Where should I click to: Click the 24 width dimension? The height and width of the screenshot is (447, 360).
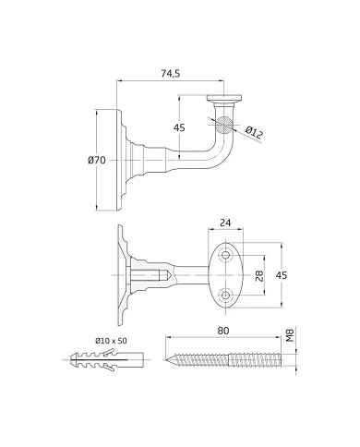(x=227, y=223)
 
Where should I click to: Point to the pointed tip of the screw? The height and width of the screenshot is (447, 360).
(x=169, y=359)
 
